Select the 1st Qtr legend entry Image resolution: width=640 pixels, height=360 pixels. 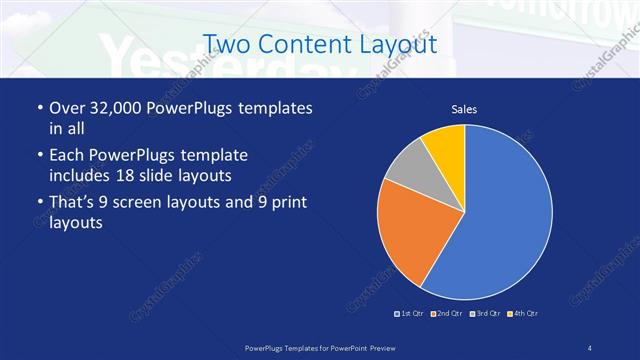click(410, 314)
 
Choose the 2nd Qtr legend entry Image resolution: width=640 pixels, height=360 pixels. click(446, 314)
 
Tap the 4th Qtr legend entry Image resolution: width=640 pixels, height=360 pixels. click(522, 314)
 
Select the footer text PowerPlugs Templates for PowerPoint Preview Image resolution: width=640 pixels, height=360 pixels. click(319, 347)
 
